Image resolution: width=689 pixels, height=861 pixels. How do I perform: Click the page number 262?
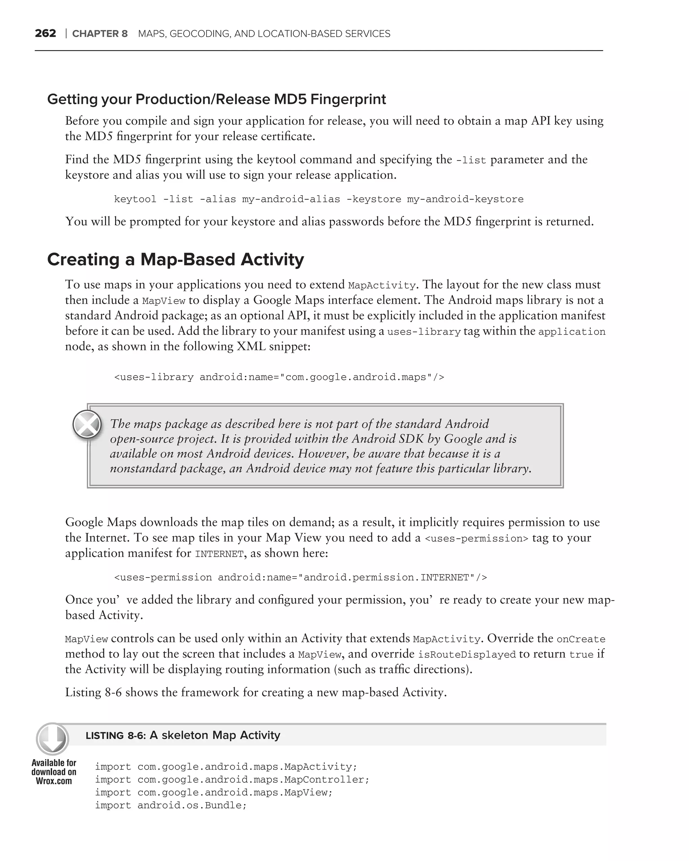(x=45, y=34)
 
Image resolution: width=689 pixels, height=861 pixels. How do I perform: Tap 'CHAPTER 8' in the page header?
(x=100, y=34)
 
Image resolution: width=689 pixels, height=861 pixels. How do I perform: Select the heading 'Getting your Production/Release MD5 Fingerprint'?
(x=216, y=99)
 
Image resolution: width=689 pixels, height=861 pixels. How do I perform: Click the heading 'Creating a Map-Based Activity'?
(x=175, y=260)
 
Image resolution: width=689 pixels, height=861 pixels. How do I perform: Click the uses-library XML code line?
(x=279, y=377)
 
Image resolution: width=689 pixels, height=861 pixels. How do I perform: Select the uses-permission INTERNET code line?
(x=300, y=577)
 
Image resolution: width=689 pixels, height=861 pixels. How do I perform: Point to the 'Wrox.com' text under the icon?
(x=54, y=782)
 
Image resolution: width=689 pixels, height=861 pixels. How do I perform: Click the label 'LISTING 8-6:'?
(x=115, y=736)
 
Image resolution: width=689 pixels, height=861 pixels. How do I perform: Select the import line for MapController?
(x=232, y=780)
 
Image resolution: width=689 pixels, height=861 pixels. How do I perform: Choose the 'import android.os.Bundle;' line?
(x=171, y=805)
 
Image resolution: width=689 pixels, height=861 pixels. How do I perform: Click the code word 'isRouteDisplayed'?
(x=467, y=654)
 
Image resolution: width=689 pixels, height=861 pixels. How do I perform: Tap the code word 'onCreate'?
(x=581, y=639)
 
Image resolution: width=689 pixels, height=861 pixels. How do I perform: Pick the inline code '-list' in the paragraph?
(x=471, y=160)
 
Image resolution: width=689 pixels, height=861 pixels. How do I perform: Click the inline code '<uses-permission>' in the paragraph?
(x=476, y=539)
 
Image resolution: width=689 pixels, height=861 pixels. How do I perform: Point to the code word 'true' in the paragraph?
(x=581, y=654)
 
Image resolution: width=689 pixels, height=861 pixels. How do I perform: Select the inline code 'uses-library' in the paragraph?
(x=424, y=332)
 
